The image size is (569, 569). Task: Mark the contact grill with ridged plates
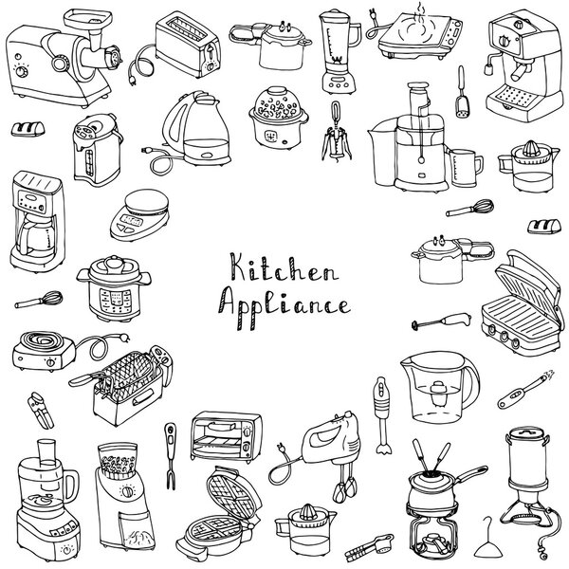tap(517, 309)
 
